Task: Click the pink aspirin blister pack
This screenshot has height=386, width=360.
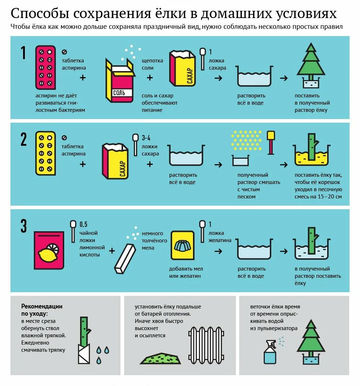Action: coord(45,67)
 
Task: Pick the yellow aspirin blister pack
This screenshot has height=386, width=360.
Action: coord(45,153)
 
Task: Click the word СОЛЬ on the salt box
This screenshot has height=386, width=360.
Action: coord(119,93)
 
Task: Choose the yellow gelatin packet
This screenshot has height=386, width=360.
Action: coord(183,245)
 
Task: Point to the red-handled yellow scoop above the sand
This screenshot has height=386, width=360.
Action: coord(271,142)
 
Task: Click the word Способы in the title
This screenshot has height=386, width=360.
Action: coord(40,14)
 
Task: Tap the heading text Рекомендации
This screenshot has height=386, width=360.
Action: coord(42,306)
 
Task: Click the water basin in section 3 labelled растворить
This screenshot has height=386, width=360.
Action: coord(254,249)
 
